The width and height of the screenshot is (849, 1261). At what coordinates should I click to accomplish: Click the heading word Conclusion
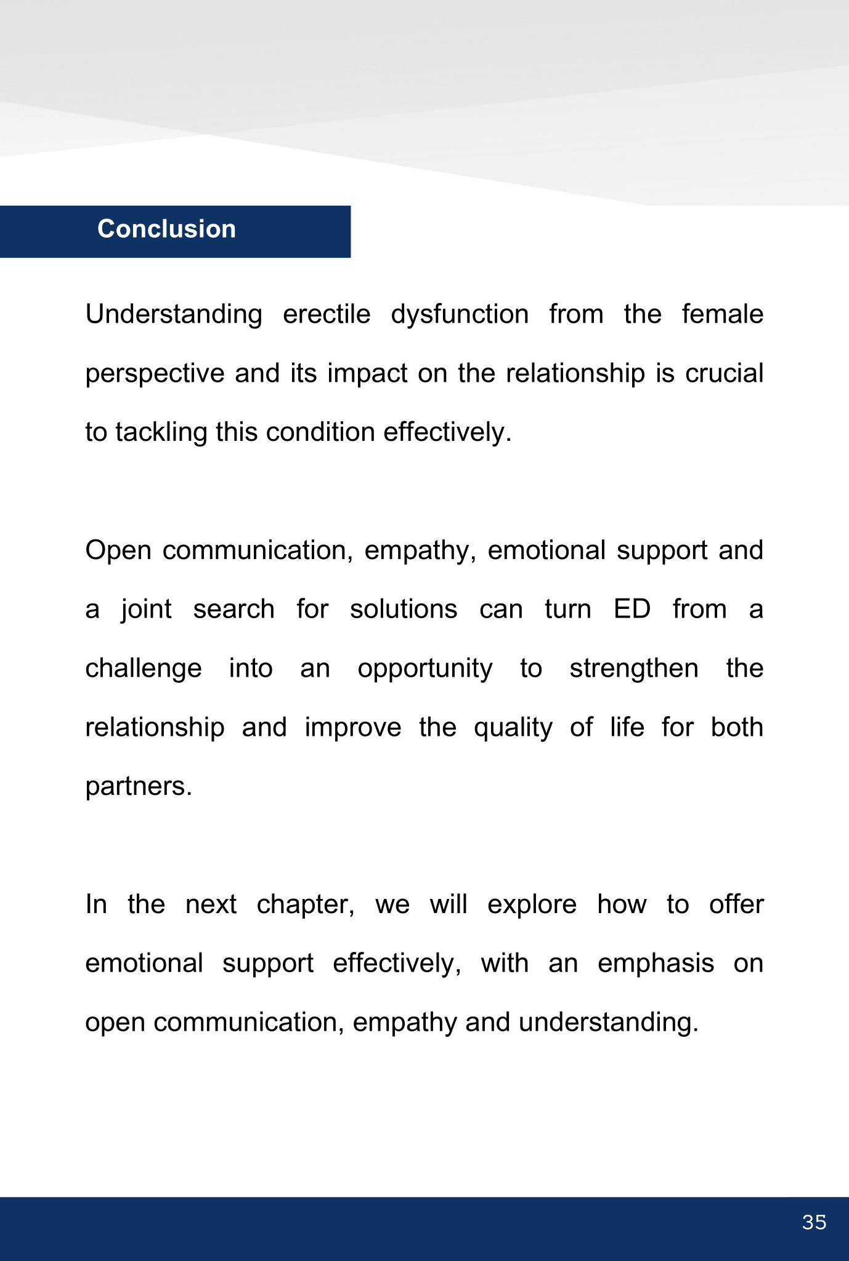pyautogui.click(x=166, y=229)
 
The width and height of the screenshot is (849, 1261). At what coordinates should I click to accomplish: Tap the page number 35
pyautogui.click(x=814, y=1222)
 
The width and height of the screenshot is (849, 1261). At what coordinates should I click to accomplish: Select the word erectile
pyautogui.click(x=327, y=315)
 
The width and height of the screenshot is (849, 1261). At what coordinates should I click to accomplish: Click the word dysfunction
pyautogui.click(x=460, y=315)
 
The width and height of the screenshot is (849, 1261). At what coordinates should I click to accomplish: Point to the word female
pyautogui.click(x=722, y=315)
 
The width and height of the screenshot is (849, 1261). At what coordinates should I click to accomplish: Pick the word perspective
pyautogui.click(x=155, y=374)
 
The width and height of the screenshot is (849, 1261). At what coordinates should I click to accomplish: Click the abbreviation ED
pyautogui.click(x=632, y=610)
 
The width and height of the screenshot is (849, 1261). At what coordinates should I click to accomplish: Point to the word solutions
pyautogui.click(x=404, y=610)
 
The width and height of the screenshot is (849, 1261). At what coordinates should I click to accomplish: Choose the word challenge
pyautogui.click(x=144, y=669)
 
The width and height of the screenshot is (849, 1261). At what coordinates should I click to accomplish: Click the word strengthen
pyautogui.click(x=634, y=669)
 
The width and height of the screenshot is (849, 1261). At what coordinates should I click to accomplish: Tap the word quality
pyautogui.click(x=513, y=728)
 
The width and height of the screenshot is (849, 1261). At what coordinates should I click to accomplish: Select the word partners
pyautogui.click(x=139, y=787)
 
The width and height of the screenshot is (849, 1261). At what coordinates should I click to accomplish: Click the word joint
pyautogui.click(x=146, y=610)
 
